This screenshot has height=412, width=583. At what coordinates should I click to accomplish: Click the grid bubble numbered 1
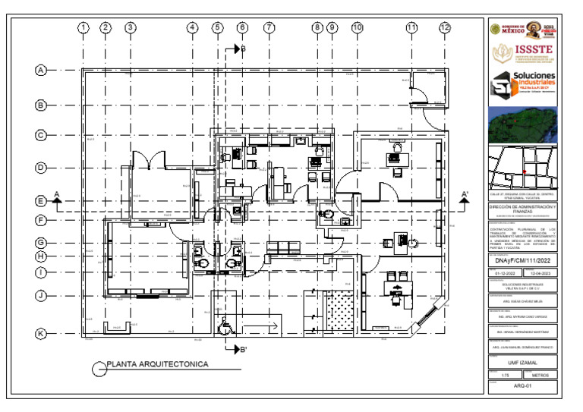(x=83, y=28)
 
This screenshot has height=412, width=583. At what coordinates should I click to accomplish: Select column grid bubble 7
(x=269, y=28)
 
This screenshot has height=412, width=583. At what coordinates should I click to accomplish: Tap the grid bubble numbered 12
(x=445, y=28)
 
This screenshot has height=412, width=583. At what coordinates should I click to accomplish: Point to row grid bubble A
(x=41, y=70)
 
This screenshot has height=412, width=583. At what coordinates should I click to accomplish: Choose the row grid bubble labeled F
(x=41, y=220)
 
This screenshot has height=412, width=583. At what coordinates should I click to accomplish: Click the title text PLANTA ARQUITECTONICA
(x=157, y=365)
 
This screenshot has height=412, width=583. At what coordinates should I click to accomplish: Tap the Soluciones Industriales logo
(x=524, y=86)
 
